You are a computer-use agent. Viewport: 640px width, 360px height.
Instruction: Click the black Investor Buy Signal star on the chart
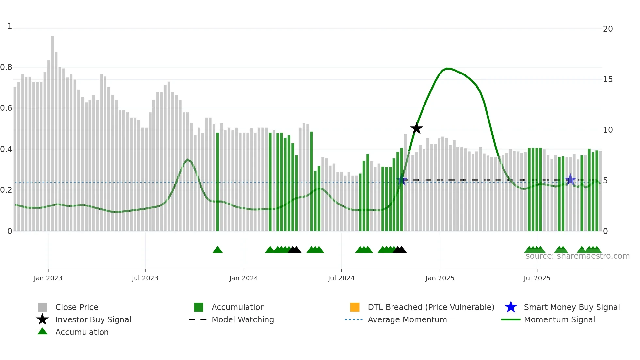pos(416,128)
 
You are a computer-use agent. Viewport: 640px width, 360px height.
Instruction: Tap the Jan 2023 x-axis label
pos(48,278)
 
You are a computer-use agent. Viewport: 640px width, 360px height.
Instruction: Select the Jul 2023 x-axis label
pos(145,278)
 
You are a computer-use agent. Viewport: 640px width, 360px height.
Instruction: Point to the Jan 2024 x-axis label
pos(244,278)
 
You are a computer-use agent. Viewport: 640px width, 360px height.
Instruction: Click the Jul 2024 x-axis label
pos(341,278)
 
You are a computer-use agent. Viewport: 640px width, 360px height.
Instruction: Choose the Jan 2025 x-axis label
pos(440,278)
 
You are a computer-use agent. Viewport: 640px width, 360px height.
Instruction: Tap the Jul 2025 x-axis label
pos(537,278)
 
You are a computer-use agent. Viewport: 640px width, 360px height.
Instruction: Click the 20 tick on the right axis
pos(608,29)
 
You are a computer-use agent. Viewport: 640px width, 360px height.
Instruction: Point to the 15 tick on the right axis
pos(608,79)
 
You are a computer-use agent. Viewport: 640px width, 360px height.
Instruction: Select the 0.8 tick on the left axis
pos(7,67)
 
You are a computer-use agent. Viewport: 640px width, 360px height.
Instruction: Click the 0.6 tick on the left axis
pos(7,108)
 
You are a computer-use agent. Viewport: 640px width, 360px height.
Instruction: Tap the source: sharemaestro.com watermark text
pos(577,256)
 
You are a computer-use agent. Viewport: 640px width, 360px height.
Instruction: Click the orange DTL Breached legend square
pos(355,307)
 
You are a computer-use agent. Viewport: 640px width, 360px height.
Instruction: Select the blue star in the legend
pos(511,307)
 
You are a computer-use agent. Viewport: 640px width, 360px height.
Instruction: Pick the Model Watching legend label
pos(243,319)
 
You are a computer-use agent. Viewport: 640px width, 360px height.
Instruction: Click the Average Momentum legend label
pos(407,319)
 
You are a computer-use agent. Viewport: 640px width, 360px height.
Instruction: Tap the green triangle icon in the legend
pos(42,331)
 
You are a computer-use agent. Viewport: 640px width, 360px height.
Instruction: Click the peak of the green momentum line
pos(448,68)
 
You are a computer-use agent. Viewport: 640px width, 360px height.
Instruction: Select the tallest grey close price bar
pos(53,131)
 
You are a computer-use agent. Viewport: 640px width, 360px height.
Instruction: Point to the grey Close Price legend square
pos(42,307)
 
